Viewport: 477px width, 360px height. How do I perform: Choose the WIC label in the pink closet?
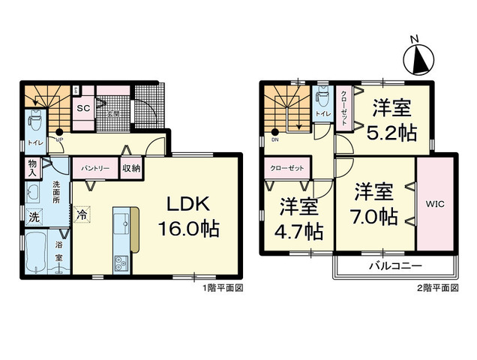(434, 202)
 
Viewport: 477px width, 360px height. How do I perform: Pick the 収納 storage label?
(130, 168)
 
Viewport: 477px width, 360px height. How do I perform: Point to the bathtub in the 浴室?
(35, 256)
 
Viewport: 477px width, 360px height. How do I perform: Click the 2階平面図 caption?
(438, 288)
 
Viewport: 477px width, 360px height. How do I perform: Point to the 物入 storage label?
(32, 167)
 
